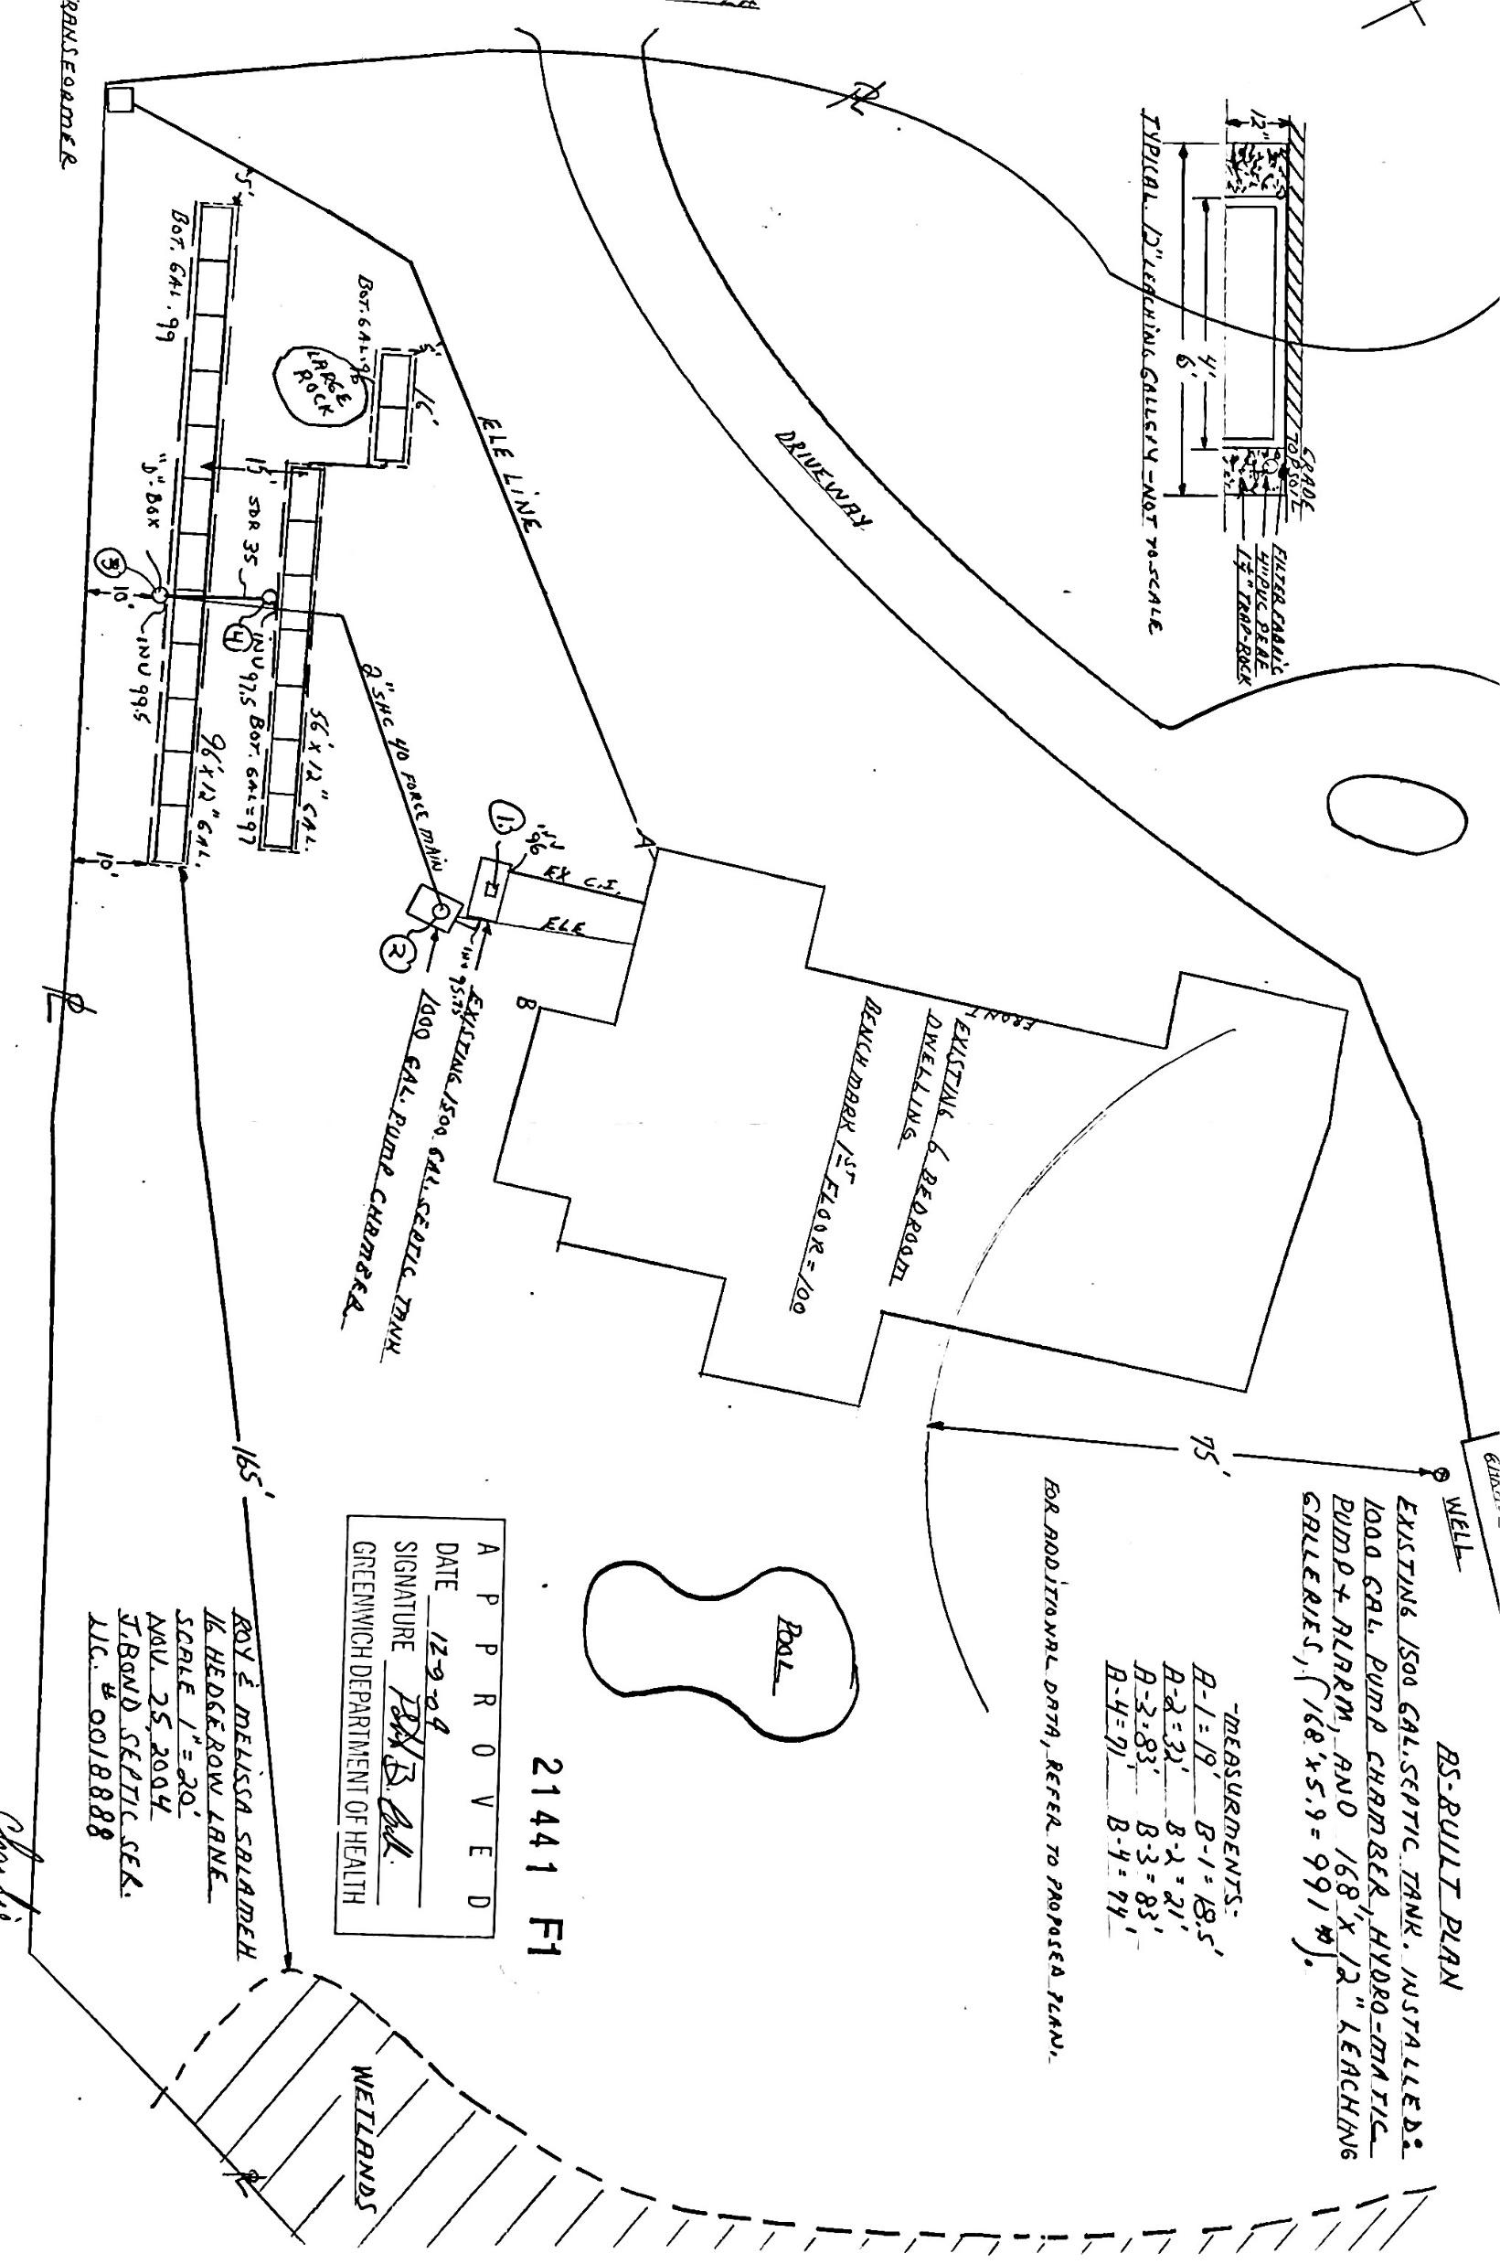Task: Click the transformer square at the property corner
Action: [121, 100]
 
